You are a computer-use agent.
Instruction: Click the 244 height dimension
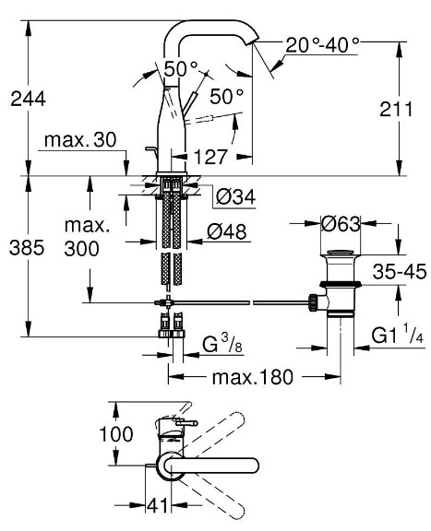coord(28,100)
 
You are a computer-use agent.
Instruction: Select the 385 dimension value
coord(27,247)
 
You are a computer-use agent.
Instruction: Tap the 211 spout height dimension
coord(396,109)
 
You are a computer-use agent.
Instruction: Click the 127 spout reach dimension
coord(210,157)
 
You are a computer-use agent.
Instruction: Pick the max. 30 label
coord(80,139)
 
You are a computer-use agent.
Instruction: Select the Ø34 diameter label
coord(235,196)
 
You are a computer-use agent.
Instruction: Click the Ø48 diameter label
coord(227,231)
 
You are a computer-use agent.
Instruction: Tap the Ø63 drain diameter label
coord(341,224)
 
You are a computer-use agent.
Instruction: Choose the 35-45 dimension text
coord(400,271)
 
